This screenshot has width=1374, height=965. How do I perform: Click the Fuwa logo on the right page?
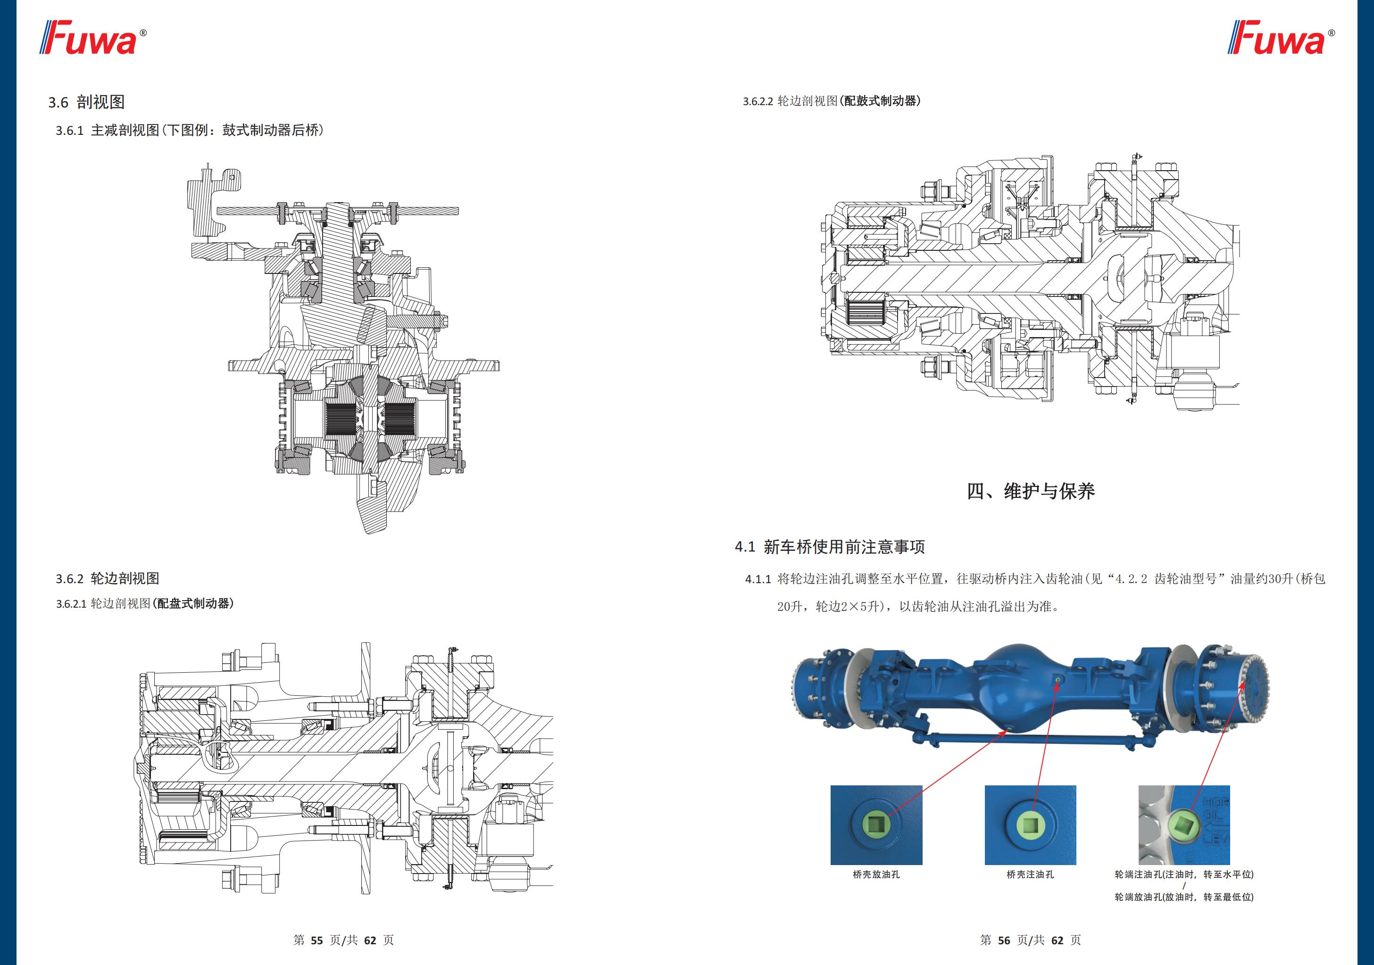coord(1280,38)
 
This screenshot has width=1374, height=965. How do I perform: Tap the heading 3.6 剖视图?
coord(86,102)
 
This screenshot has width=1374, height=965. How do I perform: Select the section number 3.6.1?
coord(69,131)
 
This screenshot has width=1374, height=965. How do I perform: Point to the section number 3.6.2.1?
coord(71,604)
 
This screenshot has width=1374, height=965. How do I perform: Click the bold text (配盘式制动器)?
coord(193,603)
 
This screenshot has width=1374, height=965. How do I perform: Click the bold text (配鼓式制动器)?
coord(880,101)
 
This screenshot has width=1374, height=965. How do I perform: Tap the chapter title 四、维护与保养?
coord(1031,491)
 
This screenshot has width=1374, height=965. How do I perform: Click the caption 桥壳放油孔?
coord(876,874)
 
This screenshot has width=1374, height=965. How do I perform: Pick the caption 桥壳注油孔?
coord(1030,874)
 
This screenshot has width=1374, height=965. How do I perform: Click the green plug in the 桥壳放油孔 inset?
coord(876,825)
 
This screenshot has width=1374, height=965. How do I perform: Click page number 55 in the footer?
coord(316,940)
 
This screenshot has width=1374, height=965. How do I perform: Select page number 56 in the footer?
coord(1004,940)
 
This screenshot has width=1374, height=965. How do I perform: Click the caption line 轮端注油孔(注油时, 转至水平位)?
coord(1184,874)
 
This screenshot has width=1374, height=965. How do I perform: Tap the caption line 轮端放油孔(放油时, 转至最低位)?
coord(1184,897)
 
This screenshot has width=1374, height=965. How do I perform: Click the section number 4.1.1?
coord(758,579)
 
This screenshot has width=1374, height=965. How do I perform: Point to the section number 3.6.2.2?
coord(758,102)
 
